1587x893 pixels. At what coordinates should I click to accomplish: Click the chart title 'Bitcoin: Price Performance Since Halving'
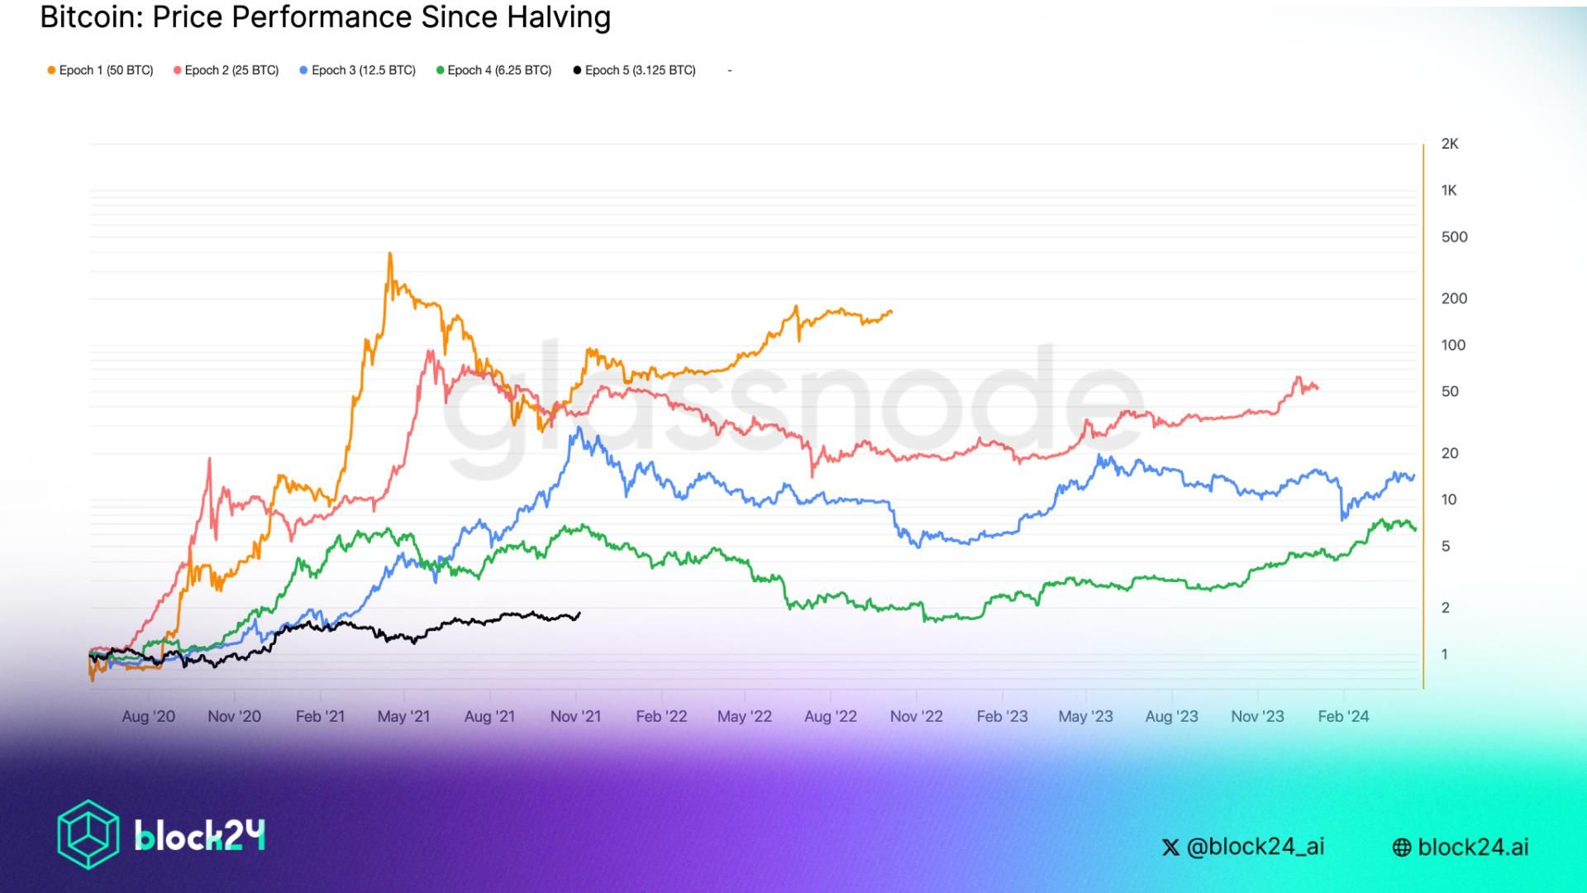coord(325,17)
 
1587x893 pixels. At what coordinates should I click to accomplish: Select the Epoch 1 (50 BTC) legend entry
coord(101,70)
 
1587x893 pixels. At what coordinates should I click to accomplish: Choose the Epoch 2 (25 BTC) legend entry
coord(226,70)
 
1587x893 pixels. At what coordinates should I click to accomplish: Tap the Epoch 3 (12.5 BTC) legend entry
coord(358,70)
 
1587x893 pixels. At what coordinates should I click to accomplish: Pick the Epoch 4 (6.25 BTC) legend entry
coord(494,70)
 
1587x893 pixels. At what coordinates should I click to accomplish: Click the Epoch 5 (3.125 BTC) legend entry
coord(635,70)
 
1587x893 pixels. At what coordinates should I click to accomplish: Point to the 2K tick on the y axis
coord(1450,144)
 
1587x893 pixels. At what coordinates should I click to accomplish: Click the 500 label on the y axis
coord(1454,237)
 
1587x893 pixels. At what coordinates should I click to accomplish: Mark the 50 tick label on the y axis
coord(1450,391)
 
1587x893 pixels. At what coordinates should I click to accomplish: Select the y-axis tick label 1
coord(1445,655)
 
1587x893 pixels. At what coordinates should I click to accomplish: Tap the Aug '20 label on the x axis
coord(148,716)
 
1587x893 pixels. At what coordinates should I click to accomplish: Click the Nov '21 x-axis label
coord(575,716)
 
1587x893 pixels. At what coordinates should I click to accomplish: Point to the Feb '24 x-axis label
coord(1343,716)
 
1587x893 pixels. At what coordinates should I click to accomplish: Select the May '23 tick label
coord(1085,716)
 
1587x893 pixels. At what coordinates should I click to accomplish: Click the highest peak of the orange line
coord(390,254)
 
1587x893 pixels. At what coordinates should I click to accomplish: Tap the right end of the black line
coord(579,613)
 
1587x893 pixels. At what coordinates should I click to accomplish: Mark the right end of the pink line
coord(1318,387)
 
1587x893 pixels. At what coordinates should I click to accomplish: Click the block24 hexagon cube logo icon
coord(88,834)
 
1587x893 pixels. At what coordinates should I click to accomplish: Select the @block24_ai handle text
coord(1255,847)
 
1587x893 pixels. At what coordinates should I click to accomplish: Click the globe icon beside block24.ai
coord(1402,848)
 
